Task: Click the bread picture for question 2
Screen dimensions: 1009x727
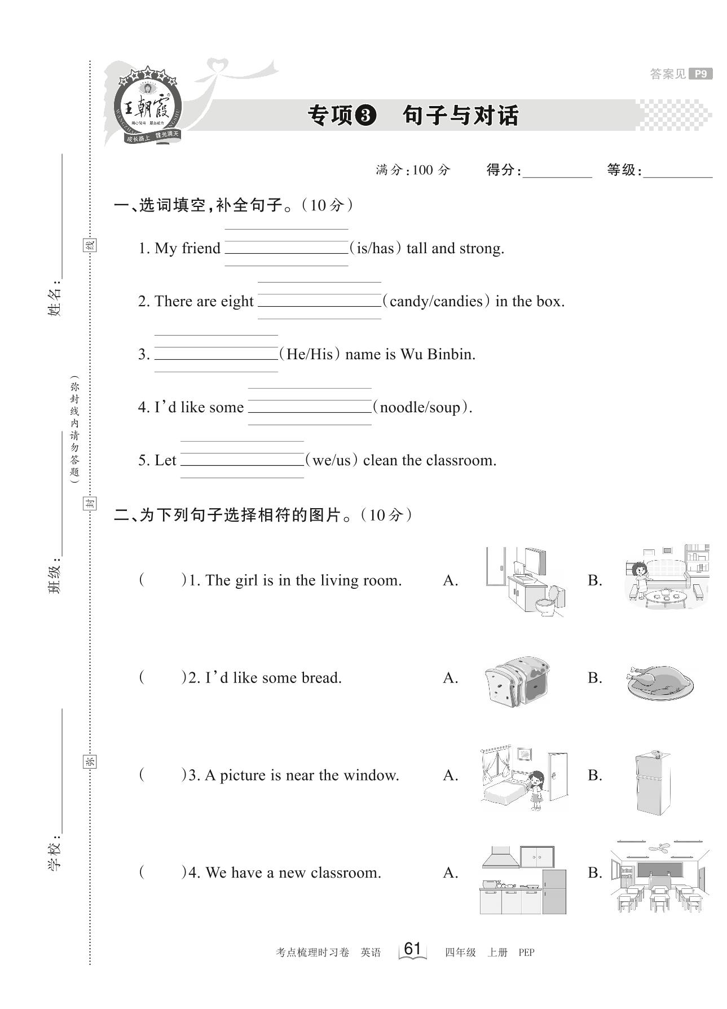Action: [x=517, y=681]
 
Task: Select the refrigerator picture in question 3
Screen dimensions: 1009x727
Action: [x=653, y=782]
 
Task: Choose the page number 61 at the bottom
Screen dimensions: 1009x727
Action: [x=412, y=949]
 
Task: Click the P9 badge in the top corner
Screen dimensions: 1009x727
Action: [x=700, y=74]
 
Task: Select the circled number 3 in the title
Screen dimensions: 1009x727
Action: [x=365, y=116]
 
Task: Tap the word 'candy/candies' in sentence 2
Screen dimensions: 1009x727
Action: [x=435, y=301]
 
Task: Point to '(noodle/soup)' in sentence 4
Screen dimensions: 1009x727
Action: [x=422, y=407]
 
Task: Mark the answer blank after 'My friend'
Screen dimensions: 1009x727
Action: [x=287, y=248]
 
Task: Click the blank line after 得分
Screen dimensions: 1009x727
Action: [x=557, y=171]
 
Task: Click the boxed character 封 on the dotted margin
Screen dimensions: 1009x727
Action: [x=90, y=503]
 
